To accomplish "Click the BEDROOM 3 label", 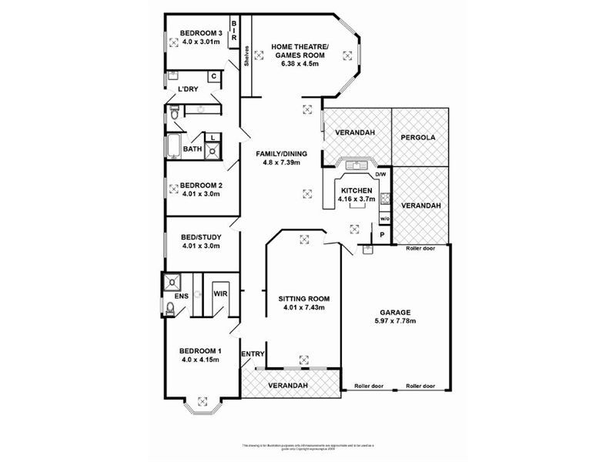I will click(x=201, y=32).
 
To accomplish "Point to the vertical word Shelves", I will click(x=246, y=57).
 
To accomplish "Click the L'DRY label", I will click(x=188, y=90).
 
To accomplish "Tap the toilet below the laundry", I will click(x=173, y=114).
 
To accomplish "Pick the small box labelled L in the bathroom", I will click(x=213, y=137).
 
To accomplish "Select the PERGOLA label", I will click(x=419, y=138).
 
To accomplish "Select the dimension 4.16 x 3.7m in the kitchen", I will click(x=356, y=199).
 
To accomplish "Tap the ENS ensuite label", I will click(x=181, y=295).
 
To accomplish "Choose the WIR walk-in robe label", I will click(x=220, y=293).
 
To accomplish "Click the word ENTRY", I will click(x=253, y=354).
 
